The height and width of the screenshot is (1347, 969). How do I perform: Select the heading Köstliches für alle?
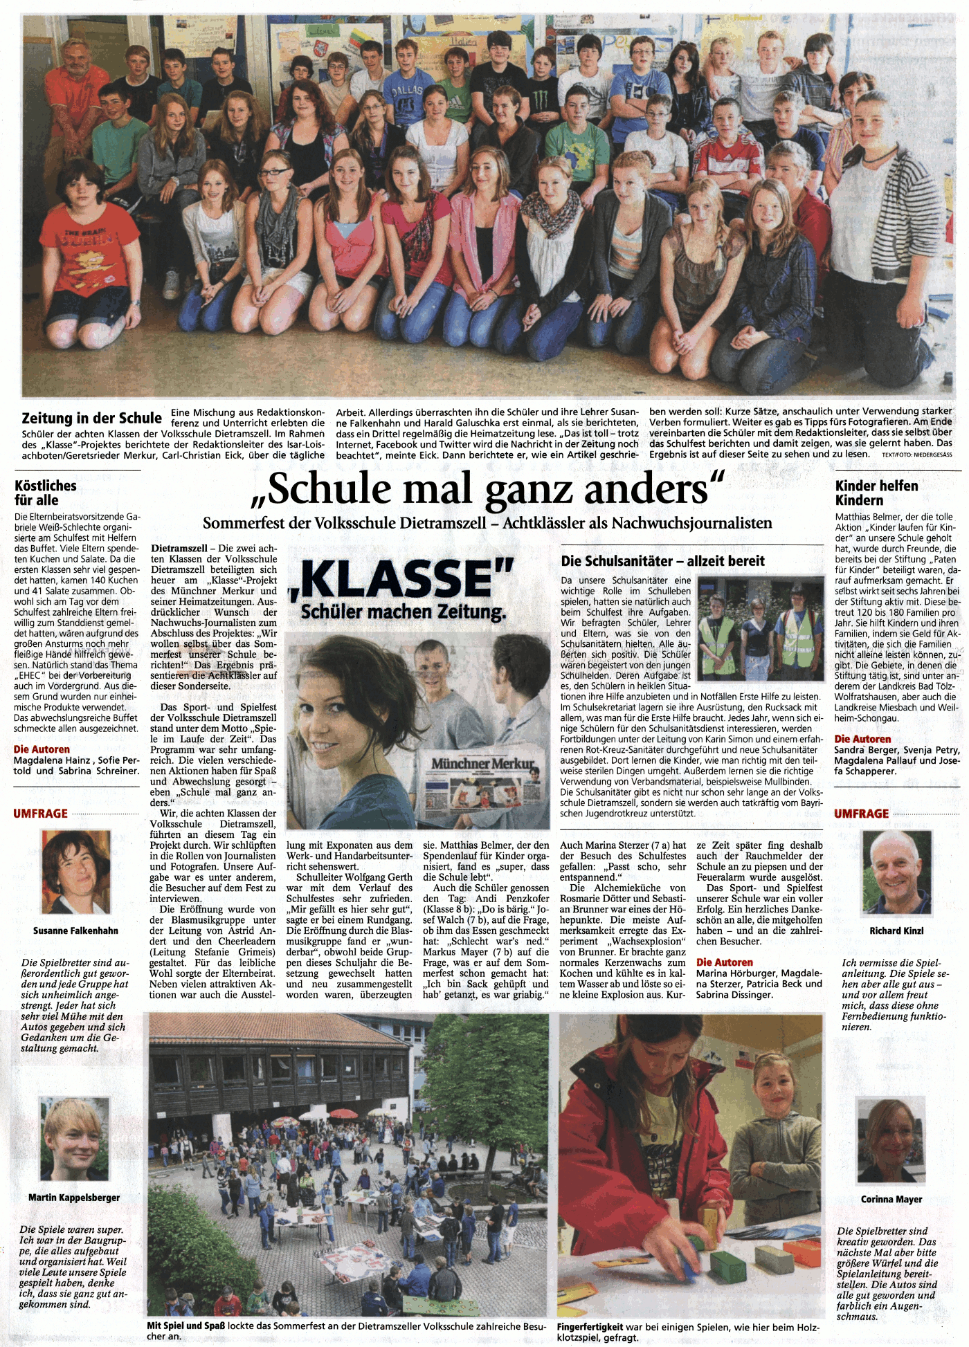(45, 493)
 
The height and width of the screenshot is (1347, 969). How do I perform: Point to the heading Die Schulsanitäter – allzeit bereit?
(662, 561)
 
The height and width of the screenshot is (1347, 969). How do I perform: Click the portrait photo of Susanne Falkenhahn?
(75, 873)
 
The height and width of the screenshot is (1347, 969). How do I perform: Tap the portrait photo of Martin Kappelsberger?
(74, 1139)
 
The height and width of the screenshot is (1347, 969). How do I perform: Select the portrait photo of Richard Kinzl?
(896, 872)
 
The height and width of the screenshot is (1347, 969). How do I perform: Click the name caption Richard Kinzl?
(896, 931)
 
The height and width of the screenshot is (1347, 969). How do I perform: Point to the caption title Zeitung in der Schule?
(91, 418)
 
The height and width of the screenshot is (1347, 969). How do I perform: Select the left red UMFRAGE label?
(40, 814)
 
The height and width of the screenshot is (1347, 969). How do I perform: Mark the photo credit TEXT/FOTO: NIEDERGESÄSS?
(916, 455)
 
